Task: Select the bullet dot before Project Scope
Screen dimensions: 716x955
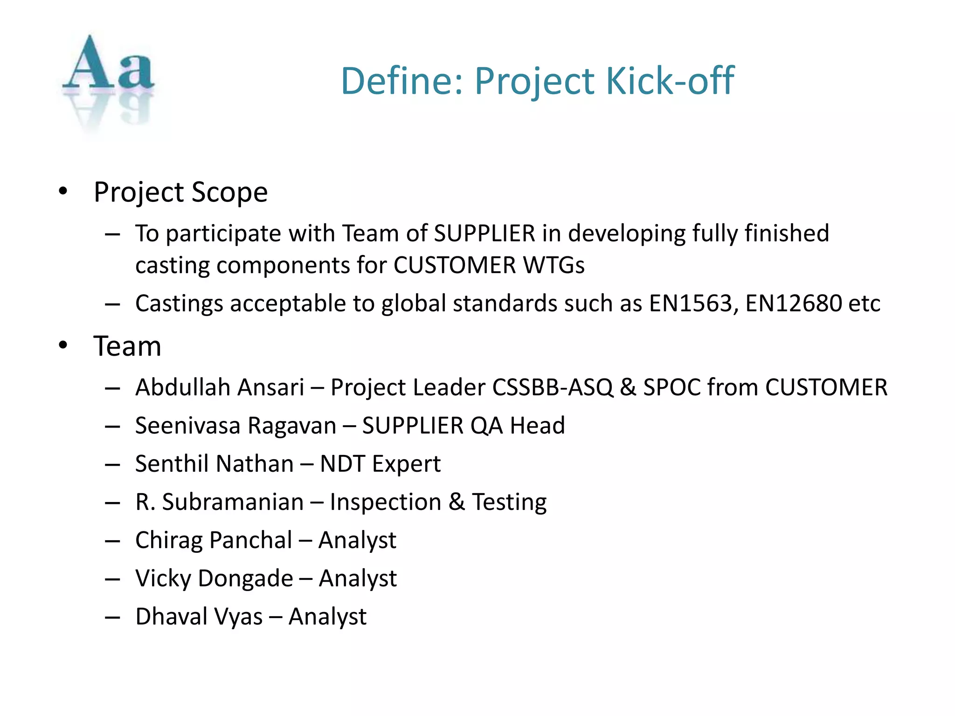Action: click(63, 192)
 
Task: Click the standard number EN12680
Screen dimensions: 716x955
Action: click(793, 303)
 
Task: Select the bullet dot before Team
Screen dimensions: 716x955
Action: click(63, 345)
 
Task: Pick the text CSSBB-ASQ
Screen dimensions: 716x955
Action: click(553, 387)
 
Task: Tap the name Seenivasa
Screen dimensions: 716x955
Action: click(188, 426)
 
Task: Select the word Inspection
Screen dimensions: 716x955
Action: click(385, 502)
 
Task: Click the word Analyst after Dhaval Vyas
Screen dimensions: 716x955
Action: click(327, 617)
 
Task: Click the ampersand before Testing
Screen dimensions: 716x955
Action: click(457, 502)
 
